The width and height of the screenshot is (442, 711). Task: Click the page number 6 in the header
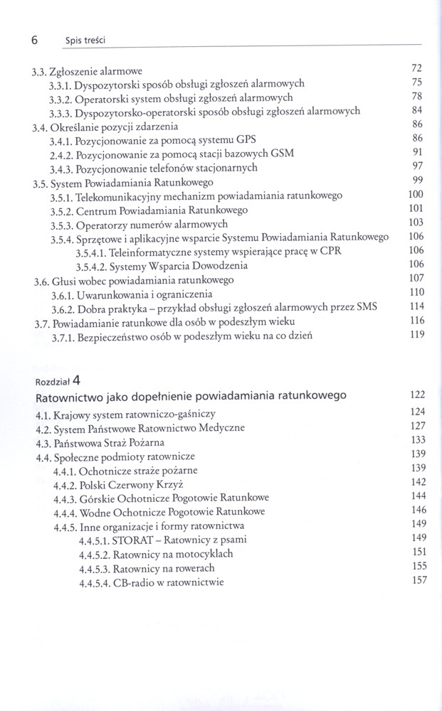(x=34, y=41)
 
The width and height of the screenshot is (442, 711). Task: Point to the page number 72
(x=418, y=68)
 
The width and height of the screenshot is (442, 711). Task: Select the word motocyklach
(x=203, y=554)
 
